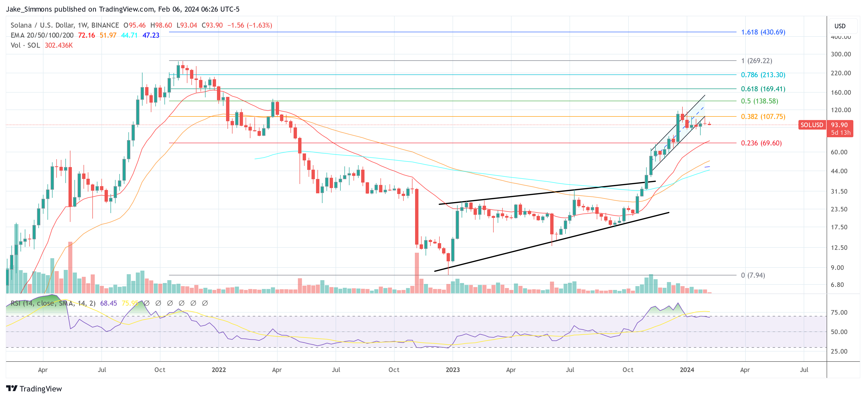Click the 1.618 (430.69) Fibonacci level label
[x=763, y=32]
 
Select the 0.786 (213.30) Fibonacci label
[x=763, y=75]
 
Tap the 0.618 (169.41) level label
[x=763, y=89]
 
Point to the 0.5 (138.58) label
[x=760, y=101]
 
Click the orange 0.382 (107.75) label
[x=763, y=117]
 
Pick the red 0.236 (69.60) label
[x=761, y=143]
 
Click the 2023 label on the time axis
[x=453, y=370]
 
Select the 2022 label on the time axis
[x=218, y=370]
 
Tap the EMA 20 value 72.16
[x=86, y=35]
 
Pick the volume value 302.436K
[x=59, y=45]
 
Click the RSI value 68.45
[x=108, y=303]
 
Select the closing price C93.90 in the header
[x=212, y=25]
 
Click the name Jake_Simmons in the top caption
[x=29, y=9]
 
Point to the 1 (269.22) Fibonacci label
[x=756, y=61]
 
